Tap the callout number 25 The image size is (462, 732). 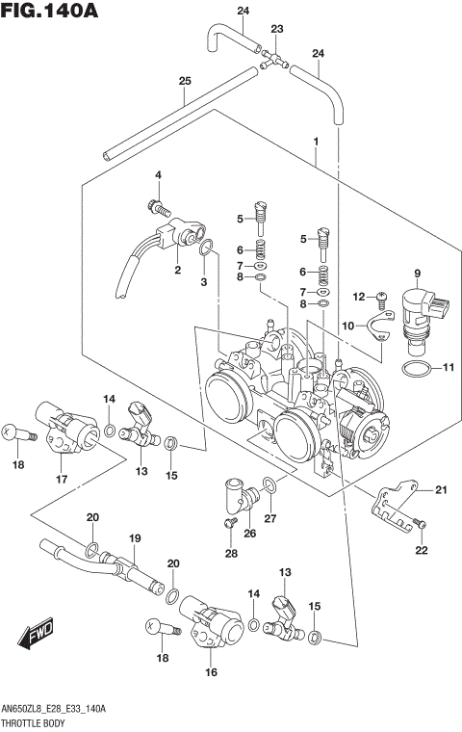(184, 82)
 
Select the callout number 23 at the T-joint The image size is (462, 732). (277, 29)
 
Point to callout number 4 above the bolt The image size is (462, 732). (159, 174)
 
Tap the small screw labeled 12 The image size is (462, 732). (382, 299)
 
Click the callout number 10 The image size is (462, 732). (348, 326)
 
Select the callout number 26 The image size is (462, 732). (248, 533)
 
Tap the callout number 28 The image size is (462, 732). (231, 552)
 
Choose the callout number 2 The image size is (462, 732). (177, 271)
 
